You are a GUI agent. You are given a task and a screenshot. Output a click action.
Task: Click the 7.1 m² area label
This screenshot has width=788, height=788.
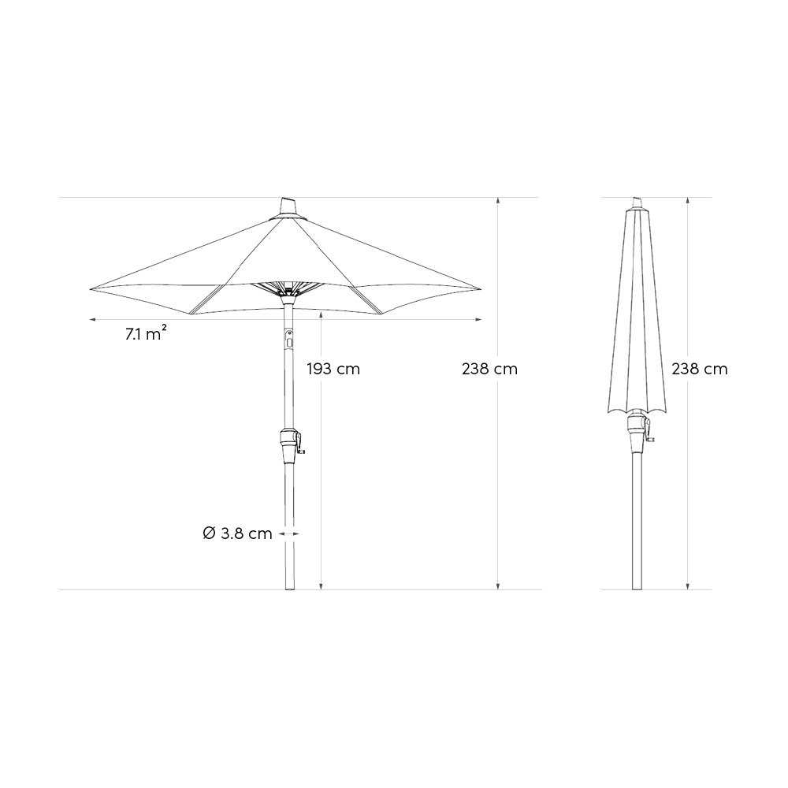[145, 334]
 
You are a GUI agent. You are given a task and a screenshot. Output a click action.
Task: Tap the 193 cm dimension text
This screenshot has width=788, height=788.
[333, 369]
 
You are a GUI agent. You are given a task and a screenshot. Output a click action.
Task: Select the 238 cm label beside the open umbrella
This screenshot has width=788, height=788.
[489, 369]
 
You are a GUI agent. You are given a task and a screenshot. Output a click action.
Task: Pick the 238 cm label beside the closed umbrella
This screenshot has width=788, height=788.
[700, 369]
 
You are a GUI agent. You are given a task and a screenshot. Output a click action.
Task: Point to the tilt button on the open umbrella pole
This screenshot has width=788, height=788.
[288, 340]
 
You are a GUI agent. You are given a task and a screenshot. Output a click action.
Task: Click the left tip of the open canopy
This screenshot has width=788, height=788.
[91, 288]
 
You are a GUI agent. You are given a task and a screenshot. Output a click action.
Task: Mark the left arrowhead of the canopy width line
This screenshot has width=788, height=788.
[92, 320]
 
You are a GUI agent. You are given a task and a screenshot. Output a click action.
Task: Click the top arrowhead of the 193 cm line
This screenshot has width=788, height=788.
[322, 314]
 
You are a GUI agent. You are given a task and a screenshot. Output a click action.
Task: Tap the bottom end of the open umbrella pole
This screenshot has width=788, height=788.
[288, 588]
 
